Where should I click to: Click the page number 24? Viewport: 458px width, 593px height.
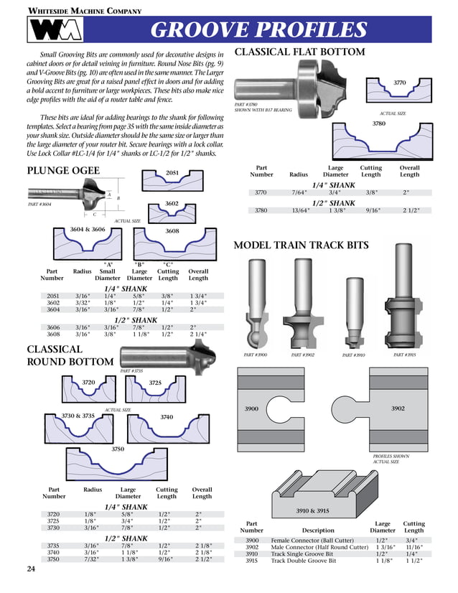tap(31, 569)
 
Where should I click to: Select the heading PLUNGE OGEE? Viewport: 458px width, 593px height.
tap(63, 170)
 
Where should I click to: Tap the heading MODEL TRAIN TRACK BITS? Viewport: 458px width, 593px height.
tap(302, 246)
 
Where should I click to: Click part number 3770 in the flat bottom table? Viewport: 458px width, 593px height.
tap(261, 192)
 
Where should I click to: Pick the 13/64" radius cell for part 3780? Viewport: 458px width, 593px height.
tap(299, 210)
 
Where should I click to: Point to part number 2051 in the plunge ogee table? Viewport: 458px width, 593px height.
tap(52, 295)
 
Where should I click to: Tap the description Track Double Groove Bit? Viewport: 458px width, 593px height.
tap(303, 561)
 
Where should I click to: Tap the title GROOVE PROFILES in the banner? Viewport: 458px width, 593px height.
tap(259, 30)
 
